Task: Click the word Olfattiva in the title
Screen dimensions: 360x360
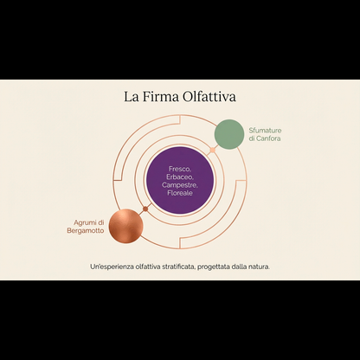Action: [209, 97]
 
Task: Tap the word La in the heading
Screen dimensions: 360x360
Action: [132, 97]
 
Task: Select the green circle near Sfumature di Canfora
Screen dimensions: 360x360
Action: [229, 134]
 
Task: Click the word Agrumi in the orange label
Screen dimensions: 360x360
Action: [82, 223]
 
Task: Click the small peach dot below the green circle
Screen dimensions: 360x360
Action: [213, 150]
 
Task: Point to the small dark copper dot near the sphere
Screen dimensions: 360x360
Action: [145, 210]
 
